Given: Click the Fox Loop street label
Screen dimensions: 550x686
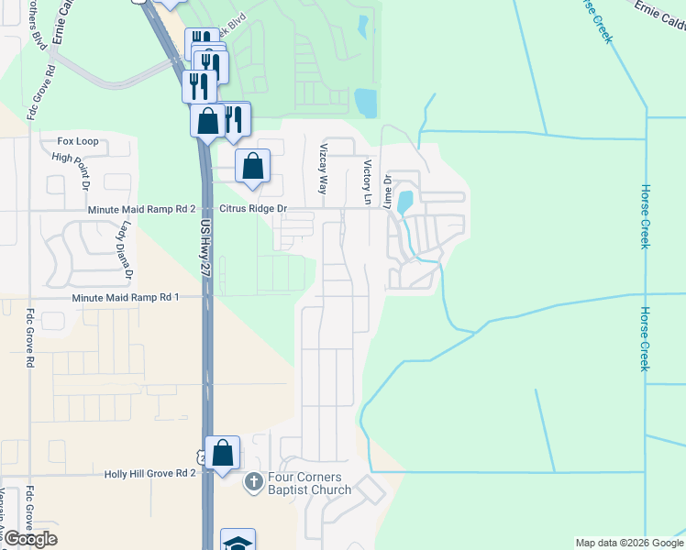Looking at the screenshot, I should [x=77, y=142].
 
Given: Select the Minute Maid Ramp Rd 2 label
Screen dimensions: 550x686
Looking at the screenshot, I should [x=142, y=210].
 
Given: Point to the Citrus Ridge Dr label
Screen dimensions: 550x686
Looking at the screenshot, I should [x=251, y=209].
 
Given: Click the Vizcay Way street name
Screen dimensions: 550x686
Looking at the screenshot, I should [x=322, y=168].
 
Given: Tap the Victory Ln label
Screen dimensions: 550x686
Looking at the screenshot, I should [x=367, y=181].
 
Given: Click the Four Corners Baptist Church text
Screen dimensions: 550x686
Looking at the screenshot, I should [x=309, y=483].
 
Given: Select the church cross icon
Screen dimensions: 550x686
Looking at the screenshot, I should [x=254, y=480].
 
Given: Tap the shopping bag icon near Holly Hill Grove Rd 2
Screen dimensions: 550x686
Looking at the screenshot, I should [x=223, y=452].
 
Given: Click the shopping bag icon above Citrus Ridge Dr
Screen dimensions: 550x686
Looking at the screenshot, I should [x=253, y=166].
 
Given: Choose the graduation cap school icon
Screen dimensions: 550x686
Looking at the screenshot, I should [x=238, y=542].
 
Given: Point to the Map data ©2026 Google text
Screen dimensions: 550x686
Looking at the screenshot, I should [x=628, y=543].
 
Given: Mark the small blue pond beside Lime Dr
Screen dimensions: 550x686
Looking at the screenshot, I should [x=405, y=201].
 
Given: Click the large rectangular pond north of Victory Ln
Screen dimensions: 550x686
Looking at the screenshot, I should [x=365, y=103].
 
